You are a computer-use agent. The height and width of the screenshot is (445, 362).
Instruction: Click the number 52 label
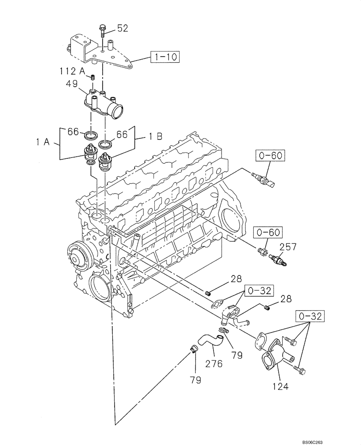[x=122, y=28]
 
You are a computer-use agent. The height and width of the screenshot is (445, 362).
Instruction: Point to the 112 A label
[x=71, y=71]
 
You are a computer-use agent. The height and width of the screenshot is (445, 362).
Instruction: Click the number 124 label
[x=279, y=386]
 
